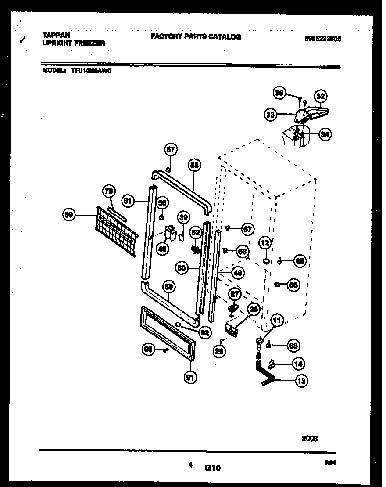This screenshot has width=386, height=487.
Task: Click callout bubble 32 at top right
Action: point(321,96)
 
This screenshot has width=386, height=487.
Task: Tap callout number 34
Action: point(324,135)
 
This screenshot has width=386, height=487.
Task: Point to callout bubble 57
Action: point(171,150)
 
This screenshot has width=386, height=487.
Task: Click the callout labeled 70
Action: point(108,191)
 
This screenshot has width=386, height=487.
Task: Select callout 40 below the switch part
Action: point(162,249)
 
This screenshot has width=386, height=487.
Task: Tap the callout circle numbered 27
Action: point(236,294)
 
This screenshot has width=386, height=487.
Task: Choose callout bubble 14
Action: point(298,364)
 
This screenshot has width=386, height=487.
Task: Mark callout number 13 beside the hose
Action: point(301,381)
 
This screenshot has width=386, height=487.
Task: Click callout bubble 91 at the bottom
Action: point(191,377)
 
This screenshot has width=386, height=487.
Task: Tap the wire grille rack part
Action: point(115,230)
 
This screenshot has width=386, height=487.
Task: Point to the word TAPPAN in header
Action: point(56,35)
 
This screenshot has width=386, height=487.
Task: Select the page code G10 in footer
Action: point(212,468)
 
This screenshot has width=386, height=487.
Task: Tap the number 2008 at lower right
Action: point(310,438)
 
